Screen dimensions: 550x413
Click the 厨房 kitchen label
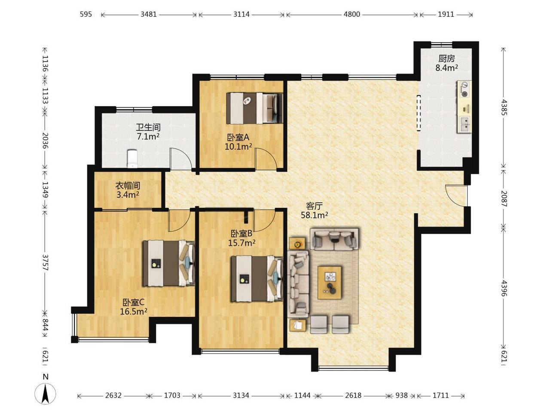(446, 59)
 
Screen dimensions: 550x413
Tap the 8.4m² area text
(446, 68)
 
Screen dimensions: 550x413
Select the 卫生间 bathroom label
(148, 127)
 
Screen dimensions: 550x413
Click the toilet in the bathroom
(132, 158)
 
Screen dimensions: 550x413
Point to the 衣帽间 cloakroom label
(128, 186)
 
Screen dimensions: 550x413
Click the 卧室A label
(238, 137)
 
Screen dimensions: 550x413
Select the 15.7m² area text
(241, 243)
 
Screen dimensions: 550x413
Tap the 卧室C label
(133, 302)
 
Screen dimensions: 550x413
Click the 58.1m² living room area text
(314, 215)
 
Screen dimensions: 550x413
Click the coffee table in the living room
(330, 283)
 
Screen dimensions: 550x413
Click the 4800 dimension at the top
(352, 14)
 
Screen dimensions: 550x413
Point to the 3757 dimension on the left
(45, 262)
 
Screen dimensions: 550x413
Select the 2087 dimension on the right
(504, 199)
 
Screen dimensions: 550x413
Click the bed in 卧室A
(254, 108)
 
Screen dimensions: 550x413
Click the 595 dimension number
(86, 14)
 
